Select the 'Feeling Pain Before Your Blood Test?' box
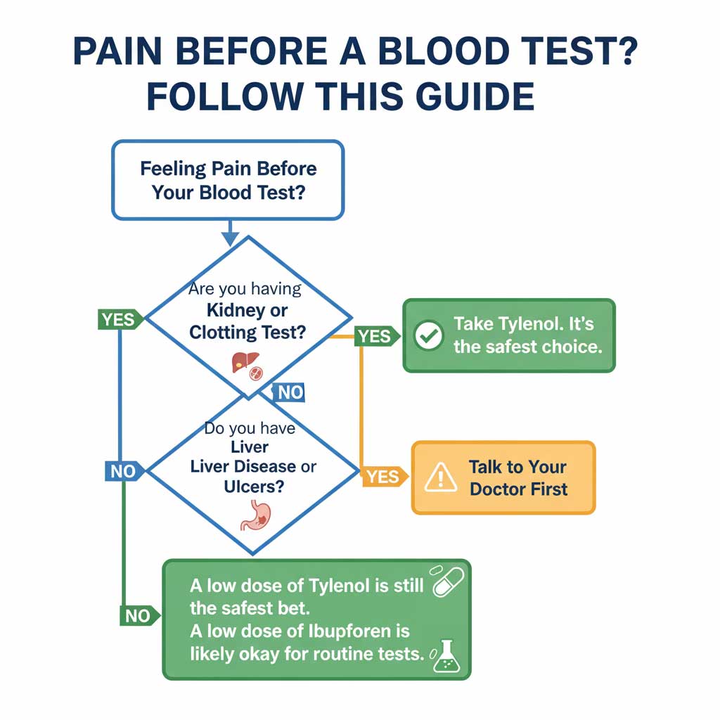[x=228, y=180]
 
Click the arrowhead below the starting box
[x=229, y=238]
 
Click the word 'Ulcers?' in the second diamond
[x=253, y=486]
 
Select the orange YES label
[x=382, y=477]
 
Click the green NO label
[x=138, y=616]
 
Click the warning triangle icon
[x=440, y=478]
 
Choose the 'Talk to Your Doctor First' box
[x=503, y=478]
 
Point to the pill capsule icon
[x=448, y=581]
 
